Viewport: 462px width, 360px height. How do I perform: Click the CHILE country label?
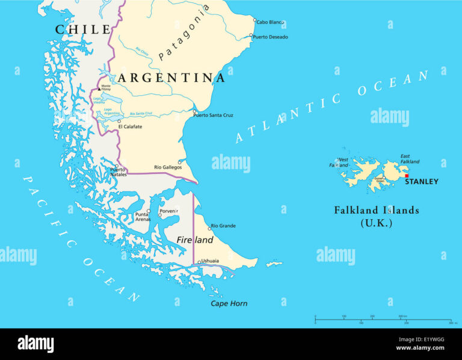point(83,29)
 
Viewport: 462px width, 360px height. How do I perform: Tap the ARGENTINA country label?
point(171,78)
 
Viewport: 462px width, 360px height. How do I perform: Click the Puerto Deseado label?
point(270,37)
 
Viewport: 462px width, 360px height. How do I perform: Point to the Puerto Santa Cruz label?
point(213,115)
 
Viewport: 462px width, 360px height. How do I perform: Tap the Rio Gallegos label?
point(168,167)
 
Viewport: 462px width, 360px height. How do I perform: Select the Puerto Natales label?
point(118,172)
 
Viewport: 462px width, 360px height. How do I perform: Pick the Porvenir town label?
point(169,211)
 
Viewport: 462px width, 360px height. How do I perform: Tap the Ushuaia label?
point(210,261)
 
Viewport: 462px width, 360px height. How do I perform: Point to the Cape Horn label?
point(229,303)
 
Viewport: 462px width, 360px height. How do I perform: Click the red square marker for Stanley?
point(407,176)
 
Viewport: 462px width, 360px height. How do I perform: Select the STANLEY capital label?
point(421,182)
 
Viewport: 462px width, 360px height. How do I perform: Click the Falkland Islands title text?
point(377,211)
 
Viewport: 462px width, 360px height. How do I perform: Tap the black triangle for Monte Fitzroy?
point(99,89)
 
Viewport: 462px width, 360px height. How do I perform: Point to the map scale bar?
point(383,319)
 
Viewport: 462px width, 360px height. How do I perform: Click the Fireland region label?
point(195,240)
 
